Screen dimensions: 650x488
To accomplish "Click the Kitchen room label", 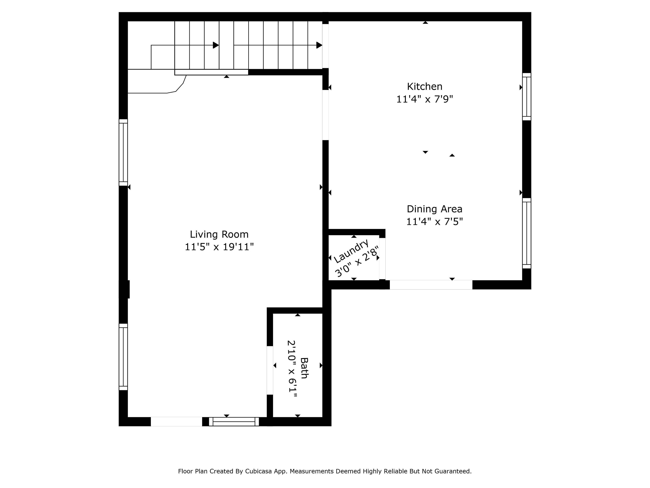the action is pyautogui.click(x=425, y=86).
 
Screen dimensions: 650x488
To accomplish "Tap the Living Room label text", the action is pyautogui.click(x=219, y=235).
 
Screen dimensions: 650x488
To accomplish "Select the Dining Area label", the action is pyautogui.click(x=434, y=209).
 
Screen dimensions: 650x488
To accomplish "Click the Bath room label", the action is pyautogui.click(x=304, y=368).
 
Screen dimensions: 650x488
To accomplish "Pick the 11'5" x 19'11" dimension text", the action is pyautogui.click(x=219, y=247).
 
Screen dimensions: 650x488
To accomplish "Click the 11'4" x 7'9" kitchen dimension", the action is pyautogui.click(x=425, y=99).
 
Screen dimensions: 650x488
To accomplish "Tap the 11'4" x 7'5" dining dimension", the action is pyautogui.click(x=434, y=221).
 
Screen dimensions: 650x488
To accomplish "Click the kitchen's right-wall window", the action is pyautogui.click(x=527, y=97).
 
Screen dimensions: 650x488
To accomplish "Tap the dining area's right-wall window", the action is pyautogui.click(x=527, y=233).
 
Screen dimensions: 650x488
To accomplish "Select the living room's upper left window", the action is pyautogui.click(x=123, y=152).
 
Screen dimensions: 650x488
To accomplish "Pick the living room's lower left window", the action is pyautogui.click(x=123, y=357).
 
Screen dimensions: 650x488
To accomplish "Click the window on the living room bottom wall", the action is pyautogui.click(x=234, y=422).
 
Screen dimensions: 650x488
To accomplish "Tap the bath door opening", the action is pyautogui.click(x=270, y=370).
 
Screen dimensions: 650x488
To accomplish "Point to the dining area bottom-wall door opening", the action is pyautogui.click(x=431, y=285).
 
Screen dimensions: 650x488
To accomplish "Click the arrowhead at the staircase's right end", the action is pyautogui.click(x=319, y=45).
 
